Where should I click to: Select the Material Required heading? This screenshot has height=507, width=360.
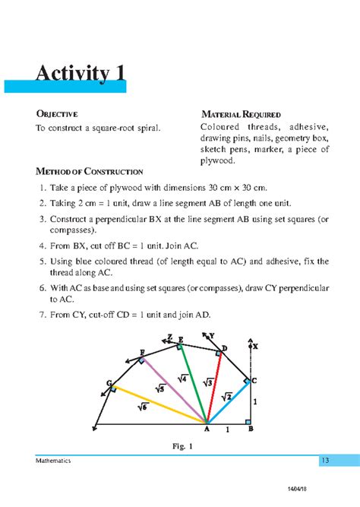pos(241,114)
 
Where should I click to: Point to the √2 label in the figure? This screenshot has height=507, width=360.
pos(226,396)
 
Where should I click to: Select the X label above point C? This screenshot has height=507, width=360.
pos(255,346)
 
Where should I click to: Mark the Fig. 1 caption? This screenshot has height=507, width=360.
pos(181,446)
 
